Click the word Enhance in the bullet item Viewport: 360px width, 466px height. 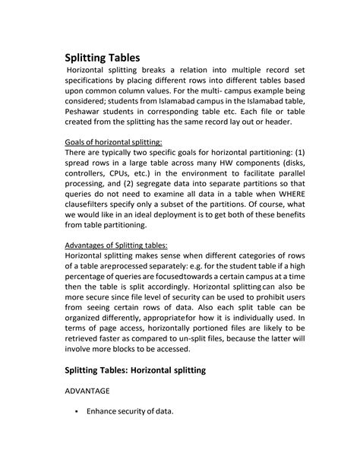106,412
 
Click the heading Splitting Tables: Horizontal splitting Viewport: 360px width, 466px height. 144,369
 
